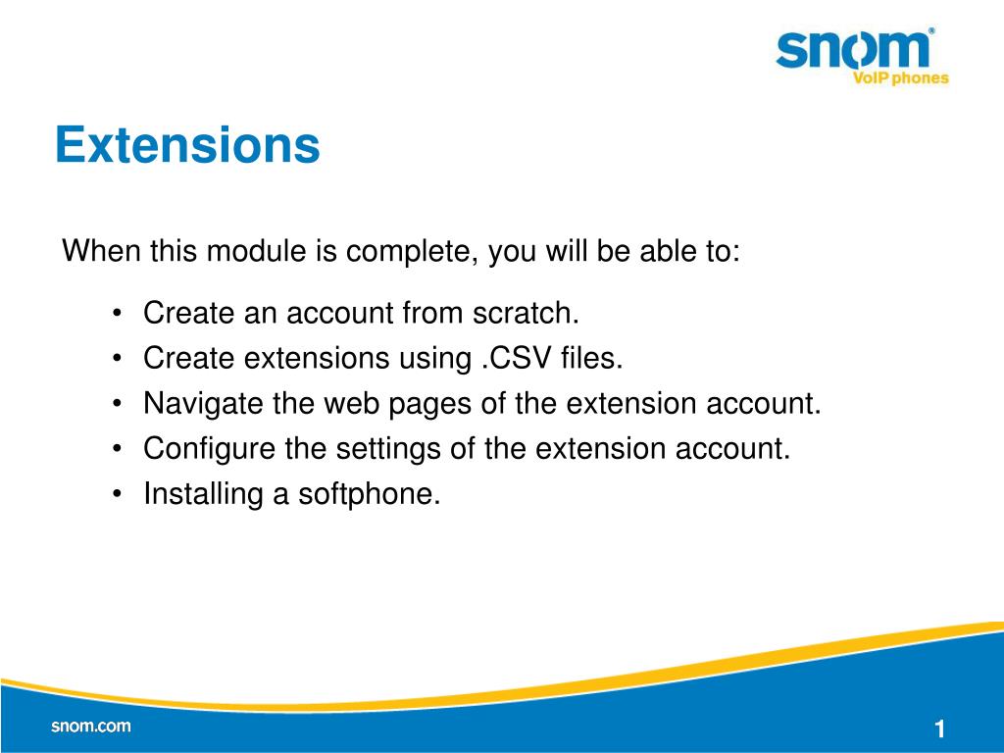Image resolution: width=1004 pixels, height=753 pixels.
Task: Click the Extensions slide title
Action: tap(187, 145)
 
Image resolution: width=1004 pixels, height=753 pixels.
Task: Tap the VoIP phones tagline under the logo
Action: tap(900, 78)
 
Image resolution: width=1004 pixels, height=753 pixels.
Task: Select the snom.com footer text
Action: tap(91, 727)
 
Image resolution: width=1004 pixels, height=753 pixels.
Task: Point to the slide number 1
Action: tap(939, 728)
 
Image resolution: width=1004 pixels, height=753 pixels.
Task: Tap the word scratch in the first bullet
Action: tap(526, 313)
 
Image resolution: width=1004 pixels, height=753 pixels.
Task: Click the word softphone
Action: tap(370, 495)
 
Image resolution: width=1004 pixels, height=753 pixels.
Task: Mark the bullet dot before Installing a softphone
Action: tap(117, 494)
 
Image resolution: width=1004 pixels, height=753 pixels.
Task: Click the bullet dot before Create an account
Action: tap(117, 314)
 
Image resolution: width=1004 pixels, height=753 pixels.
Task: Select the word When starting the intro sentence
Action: tap(101, 250)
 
